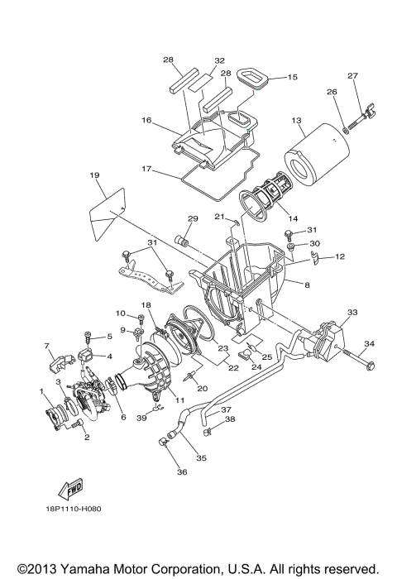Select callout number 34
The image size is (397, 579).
click(369, 343)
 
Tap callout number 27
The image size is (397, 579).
click(352, 76)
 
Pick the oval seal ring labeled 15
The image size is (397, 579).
click(253, 80)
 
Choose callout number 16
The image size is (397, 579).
click(146, 120)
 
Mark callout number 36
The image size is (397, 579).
click(182, 472)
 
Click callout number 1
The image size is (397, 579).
click(41, 390)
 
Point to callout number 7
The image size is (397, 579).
click(47, 345)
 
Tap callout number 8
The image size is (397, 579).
click(307, 285)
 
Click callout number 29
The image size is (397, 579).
click(192, 218)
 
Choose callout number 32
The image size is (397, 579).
click(197, 60)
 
